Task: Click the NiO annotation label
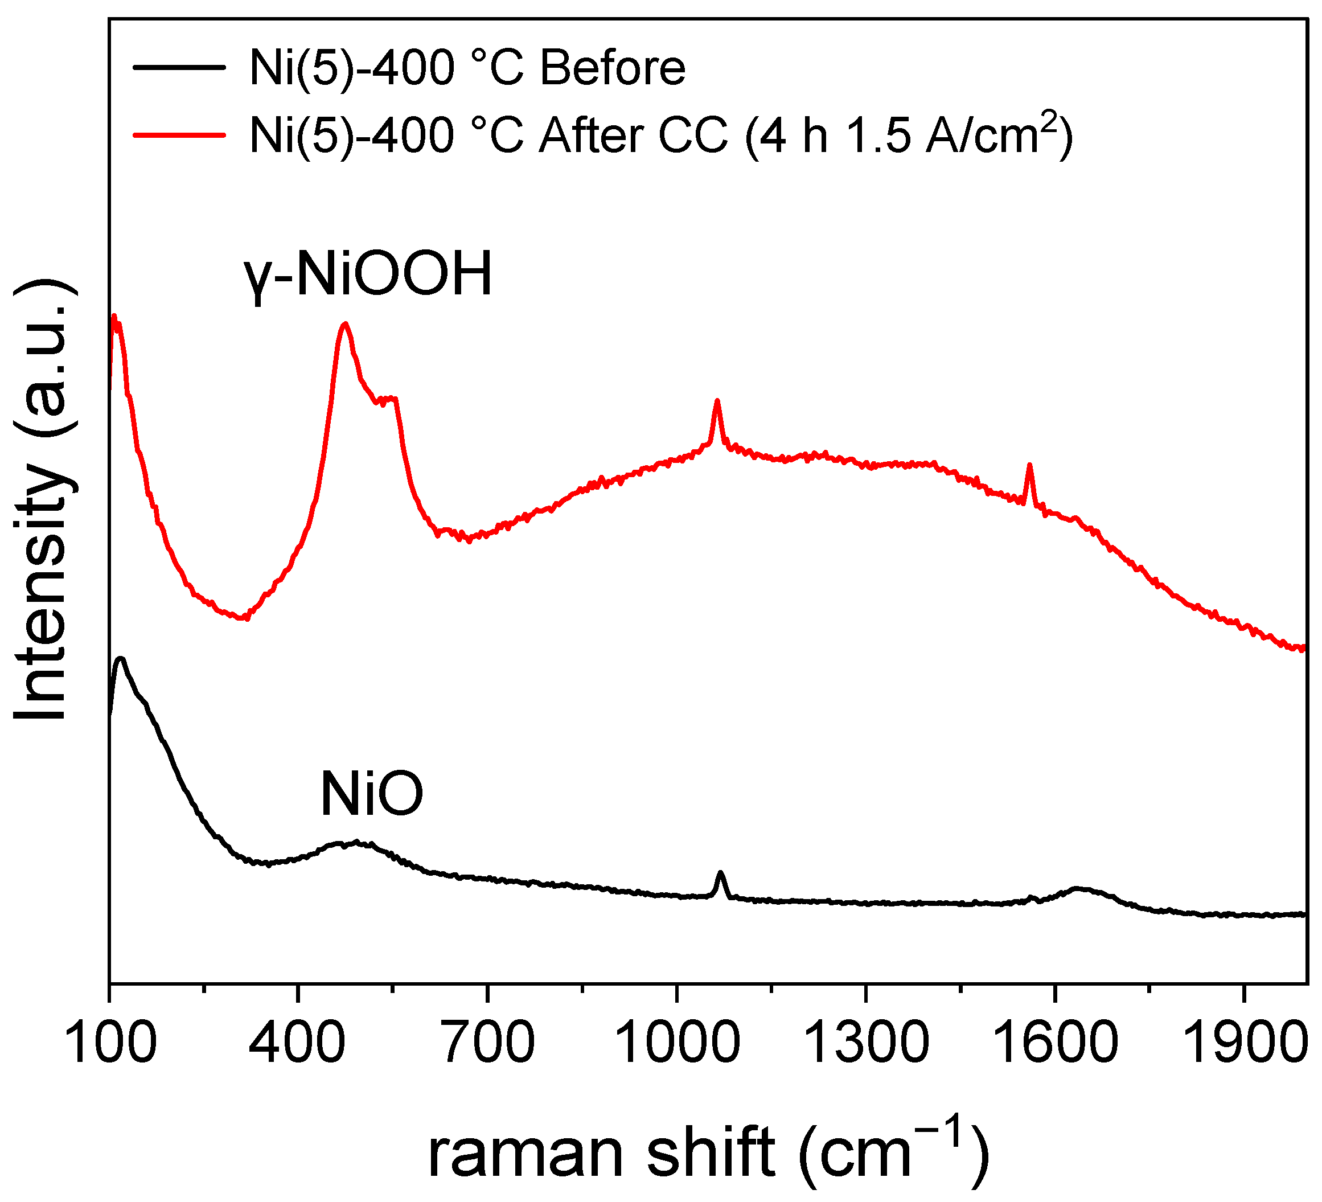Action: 372,795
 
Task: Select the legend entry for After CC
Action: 660,134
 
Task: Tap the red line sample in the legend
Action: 179,134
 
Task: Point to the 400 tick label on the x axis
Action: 297,1043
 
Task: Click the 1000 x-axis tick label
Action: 677,1043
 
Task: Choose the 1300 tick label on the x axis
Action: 865,1043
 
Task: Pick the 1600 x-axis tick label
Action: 1054,1043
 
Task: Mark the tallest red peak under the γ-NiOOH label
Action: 345,324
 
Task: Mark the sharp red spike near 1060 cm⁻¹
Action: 717,401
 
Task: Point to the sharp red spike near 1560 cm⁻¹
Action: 1029,465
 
